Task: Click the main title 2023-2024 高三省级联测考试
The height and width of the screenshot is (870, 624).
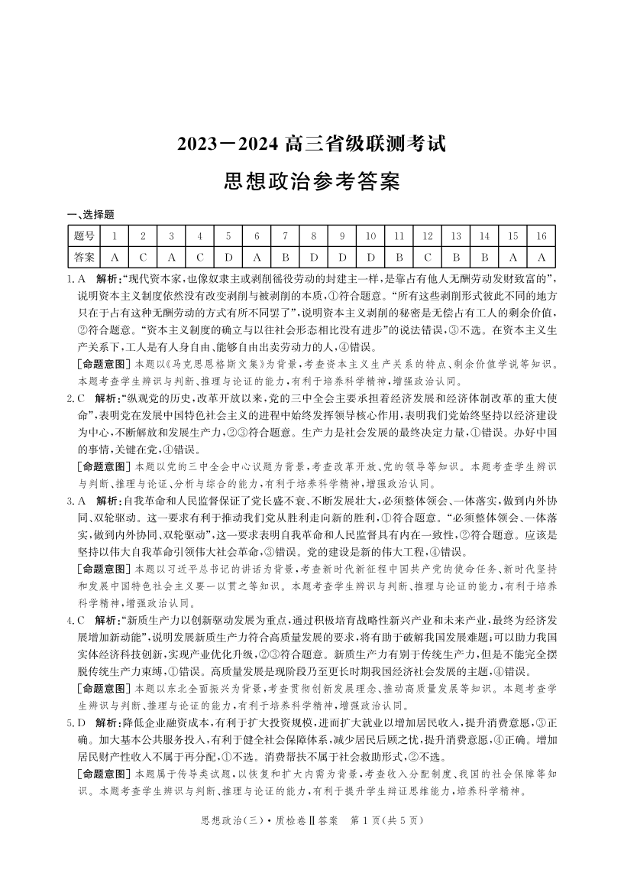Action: (x=312, y=143)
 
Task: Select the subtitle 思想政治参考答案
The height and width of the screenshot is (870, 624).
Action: (x=312, y=182)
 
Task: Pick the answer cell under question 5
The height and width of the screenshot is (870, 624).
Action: (x=228, y=257)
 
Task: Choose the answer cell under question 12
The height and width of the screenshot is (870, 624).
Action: (x=428, y=257)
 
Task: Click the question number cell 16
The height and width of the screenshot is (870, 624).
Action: (x=542, y=236)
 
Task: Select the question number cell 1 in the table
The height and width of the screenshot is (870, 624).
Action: (x=114, y=236)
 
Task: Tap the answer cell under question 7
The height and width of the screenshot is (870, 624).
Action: (x=285, y=257)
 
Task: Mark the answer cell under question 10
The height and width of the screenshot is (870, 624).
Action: (x=370, y=257)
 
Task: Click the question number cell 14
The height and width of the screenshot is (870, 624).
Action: (x=484, y=236)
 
